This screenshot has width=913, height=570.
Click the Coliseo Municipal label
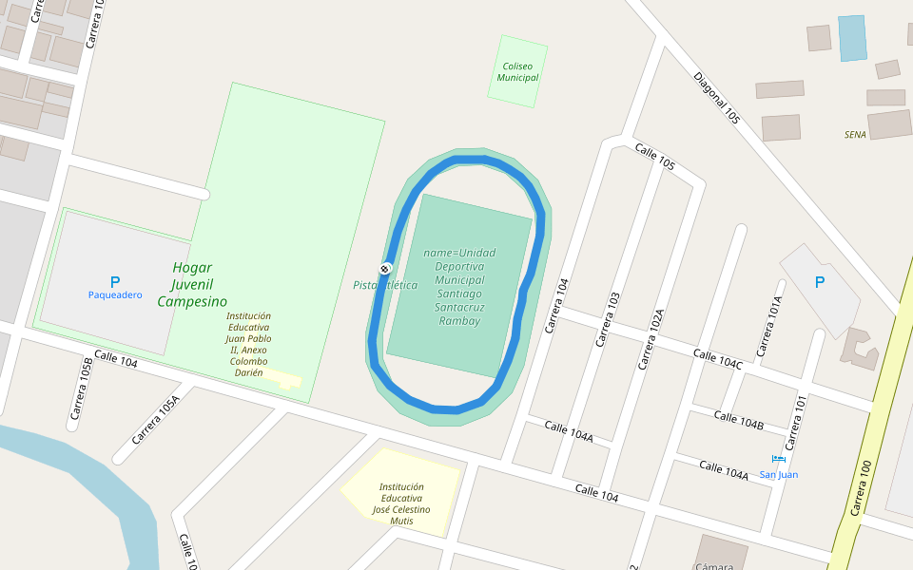coord(517,71)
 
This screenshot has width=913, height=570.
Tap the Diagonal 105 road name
coord(716,99)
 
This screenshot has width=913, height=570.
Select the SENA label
coord(855,135)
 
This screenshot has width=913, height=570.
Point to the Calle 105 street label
coord(654,158)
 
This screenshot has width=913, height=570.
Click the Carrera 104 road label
coord(556,305)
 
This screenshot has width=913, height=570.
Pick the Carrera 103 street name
coord(607,319)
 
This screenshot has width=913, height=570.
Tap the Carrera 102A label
coord(651,338)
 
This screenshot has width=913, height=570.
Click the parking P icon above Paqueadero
coord(115,282)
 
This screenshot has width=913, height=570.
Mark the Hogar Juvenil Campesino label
coord(192,285)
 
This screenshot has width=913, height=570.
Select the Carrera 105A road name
coord(155,420)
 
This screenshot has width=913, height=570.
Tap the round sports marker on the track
coord(385,269)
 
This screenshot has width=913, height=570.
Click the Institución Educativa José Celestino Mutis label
coord(400,503)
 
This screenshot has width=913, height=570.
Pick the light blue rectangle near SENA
coord(852,38)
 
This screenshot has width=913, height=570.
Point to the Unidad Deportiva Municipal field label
coord(459,287)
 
